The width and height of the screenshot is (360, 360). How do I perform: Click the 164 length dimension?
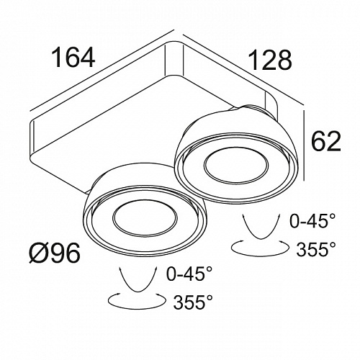pos(73,57)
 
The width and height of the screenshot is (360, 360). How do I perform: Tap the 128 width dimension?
pos(270,60)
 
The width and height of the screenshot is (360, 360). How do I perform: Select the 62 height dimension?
pos(326,141)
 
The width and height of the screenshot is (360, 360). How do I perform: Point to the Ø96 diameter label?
pos(55,253)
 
